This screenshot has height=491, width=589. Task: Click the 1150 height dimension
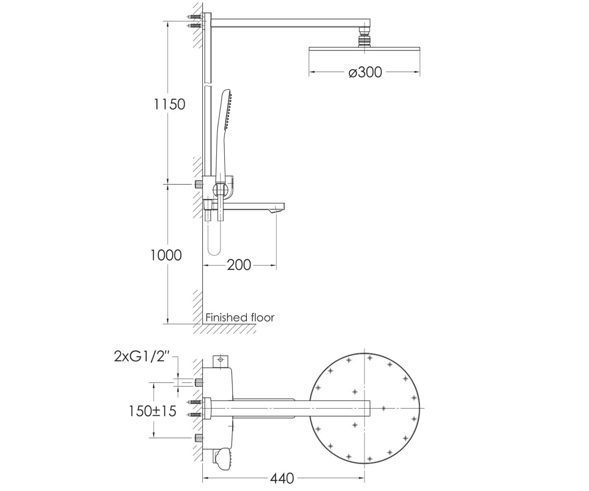click(x=169, y=104)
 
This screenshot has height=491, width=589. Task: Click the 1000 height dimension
click(x=166, y=255)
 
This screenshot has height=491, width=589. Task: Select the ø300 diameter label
click(x=365, y=72)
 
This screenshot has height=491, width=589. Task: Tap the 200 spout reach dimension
click(x=239, y=265)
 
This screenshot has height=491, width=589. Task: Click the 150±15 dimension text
click(x=152, y=411)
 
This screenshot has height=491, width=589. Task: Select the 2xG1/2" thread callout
click(x=142, y=356)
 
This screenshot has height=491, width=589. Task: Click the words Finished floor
click(x=240, y=318)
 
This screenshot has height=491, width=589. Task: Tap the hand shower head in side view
click(x=226, y=109)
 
